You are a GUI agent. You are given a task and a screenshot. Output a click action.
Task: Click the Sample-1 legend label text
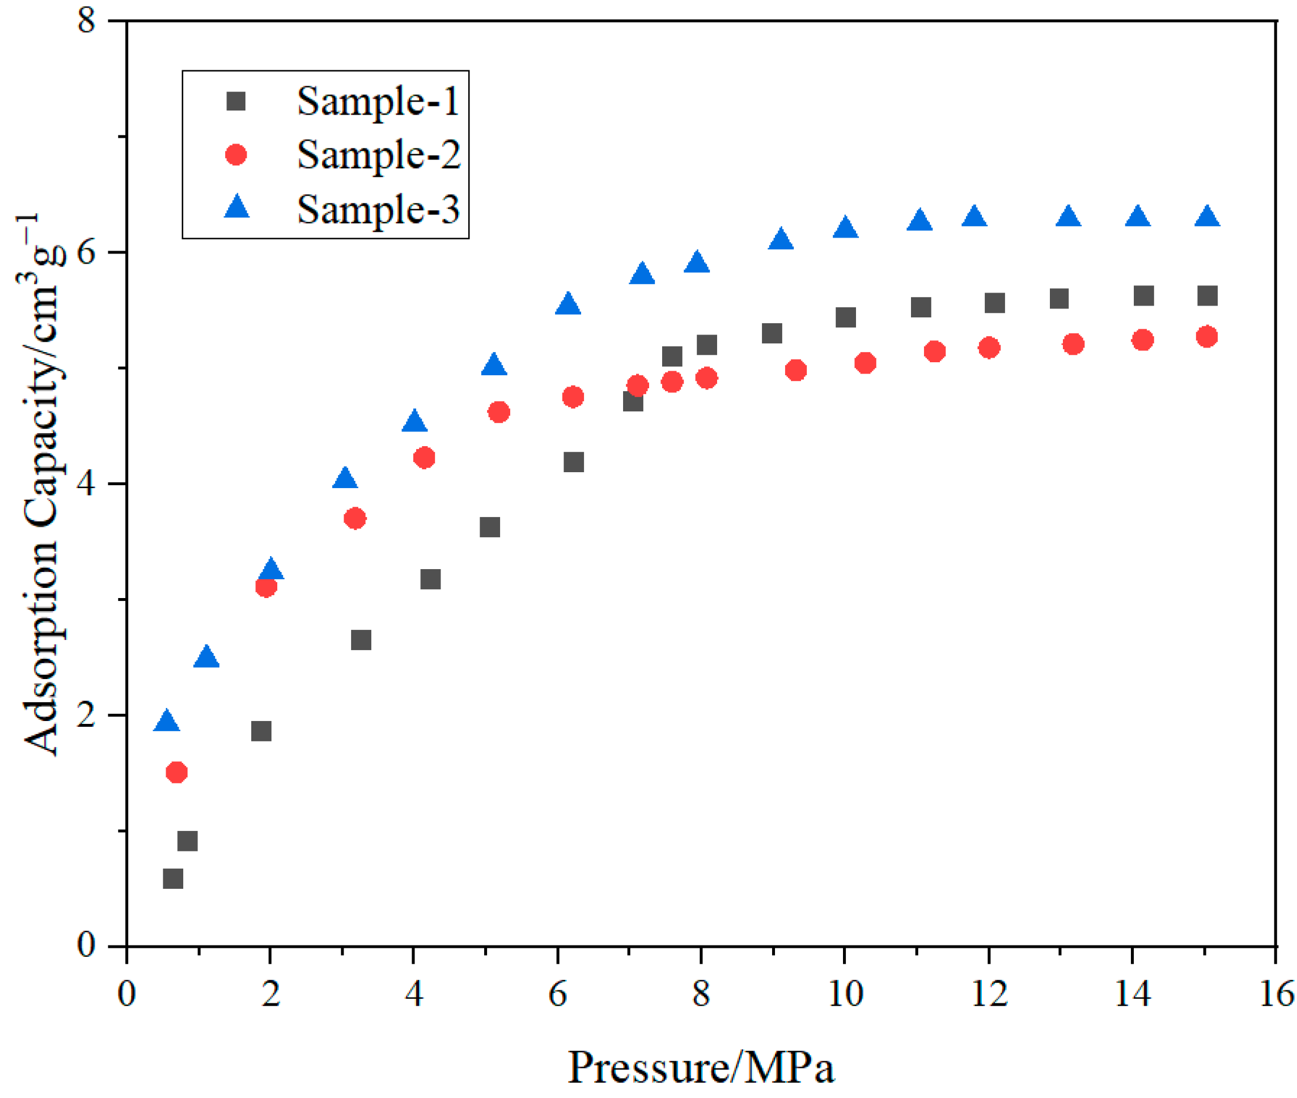point(377,101)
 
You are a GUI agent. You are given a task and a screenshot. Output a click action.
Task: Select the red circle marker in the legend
point(236,154)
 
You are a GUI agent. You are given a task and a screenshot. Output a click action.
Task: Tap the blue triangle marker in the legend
point(236,207)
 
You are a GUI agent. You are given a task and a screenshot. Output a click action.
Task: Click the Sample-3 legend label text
point(378,209)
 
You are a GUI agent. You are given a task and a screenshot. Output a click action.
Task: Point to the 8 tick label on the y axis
point(86,21)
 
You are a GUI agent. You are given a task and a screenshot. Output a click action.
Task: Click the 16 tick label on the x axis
point(1276,993)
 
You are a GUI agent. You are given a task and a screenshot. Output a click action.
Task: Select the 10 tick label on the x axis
point(844,993)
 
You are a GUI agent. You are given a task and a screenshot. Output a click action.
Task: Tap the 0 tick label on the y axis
point(86,945)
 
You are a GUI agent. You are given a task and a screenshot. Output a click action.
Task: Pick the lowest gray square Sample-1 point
point(173,879)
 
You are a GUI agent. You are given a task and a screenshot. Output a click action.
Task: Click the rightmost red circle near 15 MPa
point(1207,337)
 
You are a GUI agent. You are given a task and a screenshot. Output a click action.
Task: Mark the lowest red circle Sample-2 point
point(177,772)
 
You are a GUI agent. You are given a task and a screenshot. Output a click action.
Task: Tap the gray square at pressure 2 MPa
point(261,731)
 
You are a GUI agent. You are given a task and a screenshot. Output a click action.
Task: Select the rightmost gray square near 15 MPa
point(1207,295)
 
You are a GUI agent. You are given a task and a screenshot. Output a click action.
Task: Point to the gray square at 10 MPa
point(845,317)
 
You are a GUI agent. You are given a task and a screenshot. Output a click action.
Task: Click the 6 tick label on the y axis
point(86,253)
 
